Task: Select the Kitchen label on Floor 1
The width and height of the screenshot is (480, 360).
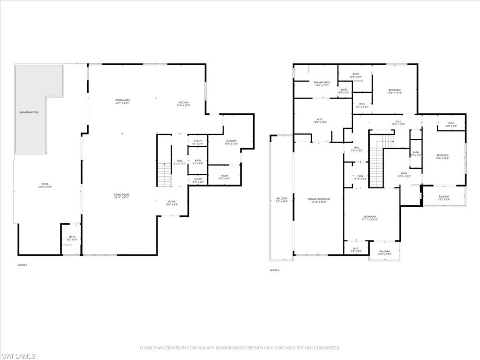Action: pos(183,104)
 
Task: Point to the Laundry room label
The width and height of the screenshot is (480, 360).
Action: pos(231,142)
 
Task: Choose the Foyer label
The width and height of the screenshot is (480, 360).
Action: pos(172,203)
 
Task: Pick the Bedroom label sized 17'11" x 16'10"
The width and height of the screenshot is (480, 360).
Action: pos(369,217)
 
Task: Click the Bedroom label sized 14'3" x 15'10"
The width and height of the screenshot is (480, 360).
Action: pos(394,91)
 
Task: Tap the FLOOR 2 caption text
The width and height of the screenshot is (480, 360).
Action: pos(274,270)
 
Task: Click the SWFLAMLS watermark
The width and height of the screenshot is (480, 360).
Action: pos(18,356)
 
